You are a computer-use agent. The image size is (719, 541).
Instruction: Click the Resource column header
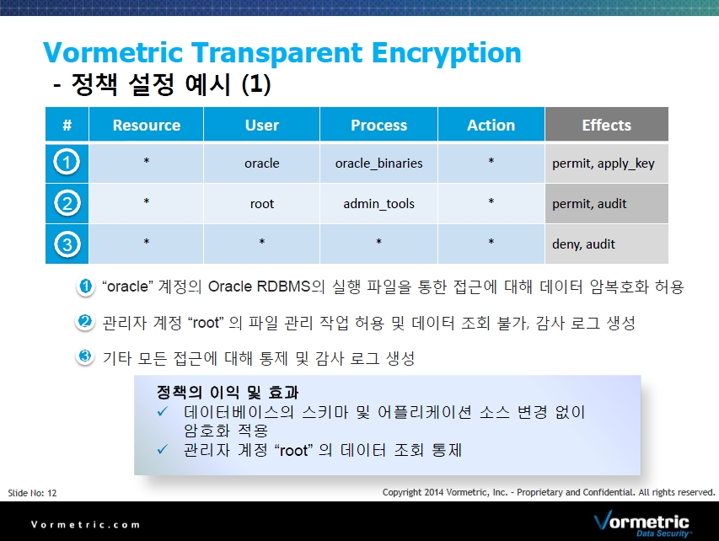point(147,125)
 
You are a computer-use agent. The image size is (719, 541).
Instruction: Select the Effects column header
point(606,125)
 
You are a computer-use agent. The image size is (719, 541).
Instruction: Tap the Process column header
point(378,125)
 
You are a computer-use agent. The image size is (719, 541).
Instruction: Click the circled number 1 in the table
point(67,163)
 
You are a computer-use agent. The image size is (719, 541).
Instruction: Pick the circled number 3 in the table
point(67,244)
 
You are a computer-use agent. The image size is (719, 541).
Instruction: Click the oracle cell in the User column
point(262,163)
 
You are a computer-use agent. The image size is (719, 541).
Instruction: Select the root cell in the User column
point(262,204)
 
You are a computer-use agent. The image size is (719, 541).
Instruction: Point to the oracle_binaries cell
point(378,163)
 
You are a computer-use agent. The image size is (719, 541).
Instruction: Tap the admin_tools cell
point(378,204)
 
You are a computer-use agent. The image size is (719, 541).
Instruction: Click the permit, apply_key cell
point(606,163)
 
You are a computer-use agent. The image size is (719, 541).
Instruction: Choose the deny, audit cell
point(606,244)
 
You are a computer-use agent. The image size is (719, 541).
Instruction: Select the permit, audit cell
point(606,204)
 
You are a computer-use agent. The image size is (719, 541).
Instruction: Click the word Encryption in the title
point(446,54)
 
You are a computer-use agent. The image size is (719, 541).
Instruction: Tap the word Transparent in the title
point(276,54)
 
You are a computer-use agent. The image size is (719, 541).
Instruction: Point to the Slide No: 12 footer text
point(32,493)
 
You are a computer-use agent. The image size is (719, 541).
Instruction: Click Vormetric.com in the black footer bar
point(85,524)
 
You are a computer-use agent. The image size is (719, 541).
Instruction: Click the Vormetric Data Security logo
point(641,523)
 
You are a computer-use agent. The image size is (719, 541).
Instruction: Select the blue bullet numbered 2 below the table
point(85,322)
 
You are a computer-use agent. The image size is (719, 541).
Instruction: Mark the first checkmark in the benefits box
point(163,412)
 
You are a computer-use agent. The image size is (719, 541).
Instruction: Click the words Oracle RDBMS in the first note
point(259,287)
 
